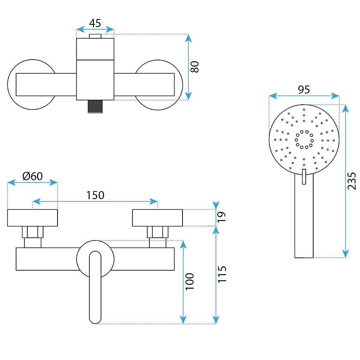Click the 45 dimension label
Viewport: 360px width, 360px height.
95,24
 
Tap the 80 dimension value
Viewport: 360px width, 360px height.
195,67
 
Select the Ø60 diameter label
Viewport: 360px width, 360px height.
32,176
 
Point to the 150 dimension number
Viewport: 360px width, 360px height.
95,194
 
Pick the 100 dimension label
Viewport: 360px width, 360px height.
190,281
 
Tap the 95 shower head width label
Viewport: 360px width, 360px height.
304,90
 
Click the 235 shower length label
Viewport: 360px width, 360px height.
352,181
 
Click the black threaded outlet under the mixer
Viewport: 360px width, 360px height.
95,107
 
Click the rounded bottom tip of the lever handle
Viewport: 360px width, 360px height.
95,319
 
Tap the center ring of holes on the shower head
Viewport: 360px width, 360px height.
304,139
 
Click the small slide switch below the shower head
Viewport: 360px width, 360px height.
304,176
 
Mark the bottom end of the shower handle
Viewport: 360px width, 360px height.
304,255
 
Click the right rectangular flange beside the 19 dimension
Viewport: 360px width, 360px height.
157,218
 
